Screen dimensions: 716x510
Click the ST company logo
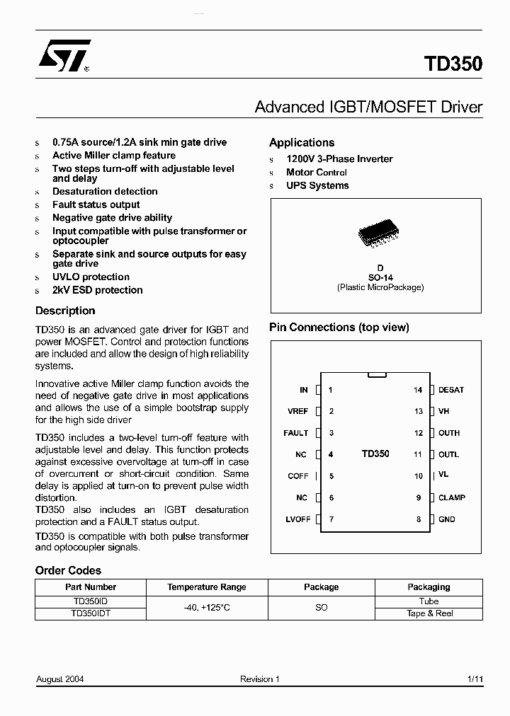click(x=64, y=57)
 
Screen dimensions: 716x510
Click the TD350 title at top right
click(x=453, y=64)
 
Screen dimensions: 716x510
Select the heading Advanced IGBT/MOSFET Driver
click(x=368, y=107)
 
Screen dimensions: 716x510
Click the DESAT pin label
click(x=451, y=390)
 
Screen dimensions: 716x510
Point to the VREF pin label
click(x=297, y=412)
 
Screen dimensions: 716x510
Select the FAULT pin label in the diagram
click(x=295, y=433)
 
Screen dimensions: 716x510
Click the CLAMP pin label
click(x=452, y=497)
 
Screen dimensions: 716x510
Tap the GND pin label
click(x=447, y=519)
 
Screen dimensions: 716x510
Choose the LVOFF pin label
click(x=298, y=519)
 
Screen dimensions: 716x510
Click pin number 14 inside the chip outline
click(x=418, y=390)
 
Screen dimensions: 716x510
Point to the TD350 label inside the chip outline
click(x=375, y=454)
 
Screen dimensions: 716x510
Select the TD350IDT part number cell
click(x=91, y=613)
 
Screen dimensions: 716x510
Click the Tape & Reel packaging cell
click(x=429, y=613)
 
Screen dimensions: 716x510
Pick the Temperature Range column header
click(x=207, y=587)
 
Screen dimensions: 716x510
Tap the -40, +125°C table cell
click(x=207, y=608)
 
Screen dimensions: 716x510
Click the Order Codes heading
click(x=68, y=570)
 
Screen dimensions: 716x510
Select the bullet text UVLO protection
click(x=91, y=277)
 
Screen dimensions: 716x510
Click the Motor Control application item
click(x=316, y=172)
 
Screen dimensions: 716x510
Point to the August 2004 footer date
click(x=60, y=679)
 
